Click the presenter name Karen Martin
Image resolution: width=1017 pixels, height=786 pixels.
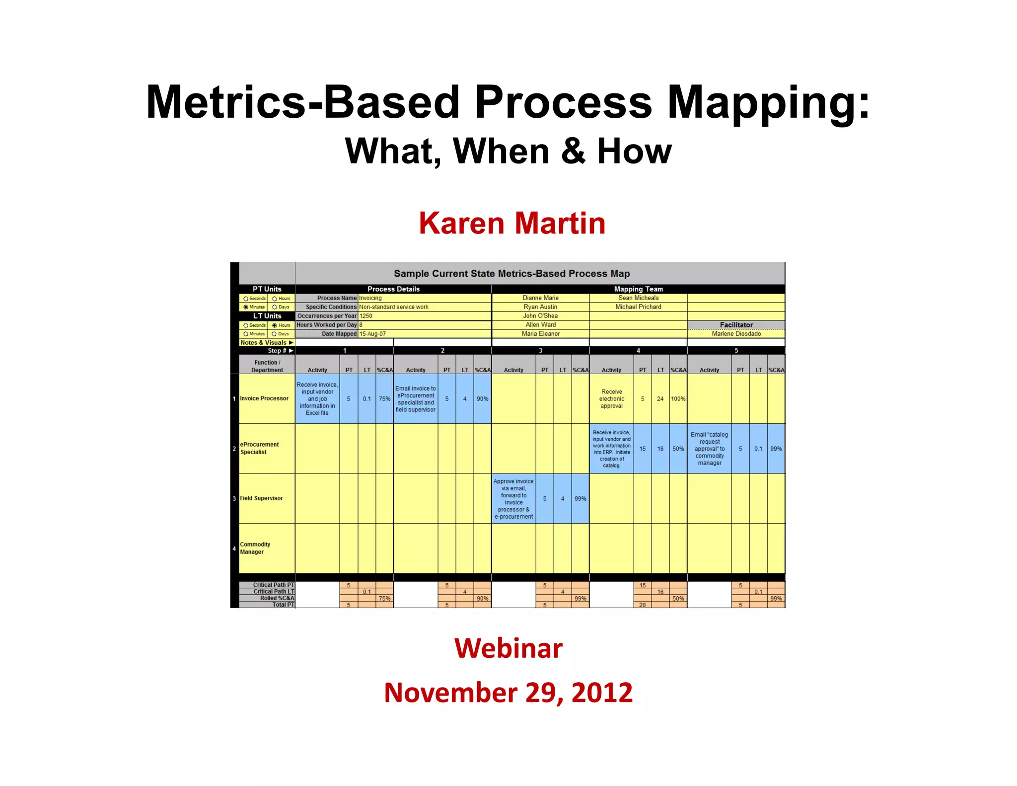pos(512,223)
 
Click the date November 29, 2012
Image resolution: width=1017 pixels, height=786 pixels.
pos(508,692)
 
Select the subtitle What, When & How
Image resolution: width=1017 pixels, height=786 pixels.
pos(508,151)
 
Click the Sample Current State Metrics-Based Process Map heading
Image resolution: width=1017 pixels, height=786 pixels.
pos(511,273)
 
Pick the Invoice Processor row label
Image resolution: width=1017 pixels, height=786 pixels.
pos(264,398)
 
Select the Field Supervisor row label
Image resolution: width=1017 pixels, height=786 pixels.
pos(262,498)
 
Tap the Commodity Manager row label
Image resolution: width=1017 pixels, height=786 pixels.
pos(255,548)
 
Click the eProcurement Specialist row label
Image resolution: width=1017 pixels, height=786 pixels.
pos(259,448)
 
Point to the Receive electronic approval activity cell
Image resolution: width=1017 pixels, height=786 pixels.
pos(611,399)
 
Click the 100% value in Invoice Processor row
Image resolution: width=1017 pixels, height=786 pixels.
pos(678,399)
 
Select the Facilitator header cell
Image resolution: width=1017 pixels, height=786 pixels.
pos(736,325)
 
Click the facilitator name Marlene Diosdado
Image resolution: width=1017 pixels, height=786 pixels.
pos(736,334)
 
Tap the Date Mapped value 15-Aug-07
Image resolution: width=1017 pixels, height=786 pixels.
pos(372,334)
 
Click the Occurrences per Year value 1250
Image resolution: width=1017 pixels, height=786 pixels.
pos(366,316)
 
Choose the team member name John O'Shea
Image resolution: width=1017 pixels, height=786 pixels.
pos(540,316)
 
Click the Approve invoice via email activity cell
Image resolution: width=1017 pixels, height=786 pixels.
pos(513,499)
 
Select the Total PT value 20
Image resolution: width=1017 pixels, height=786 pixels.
pos(642,605)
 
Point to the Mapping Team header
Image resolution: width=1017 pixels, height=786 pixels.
pos(638,289)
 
